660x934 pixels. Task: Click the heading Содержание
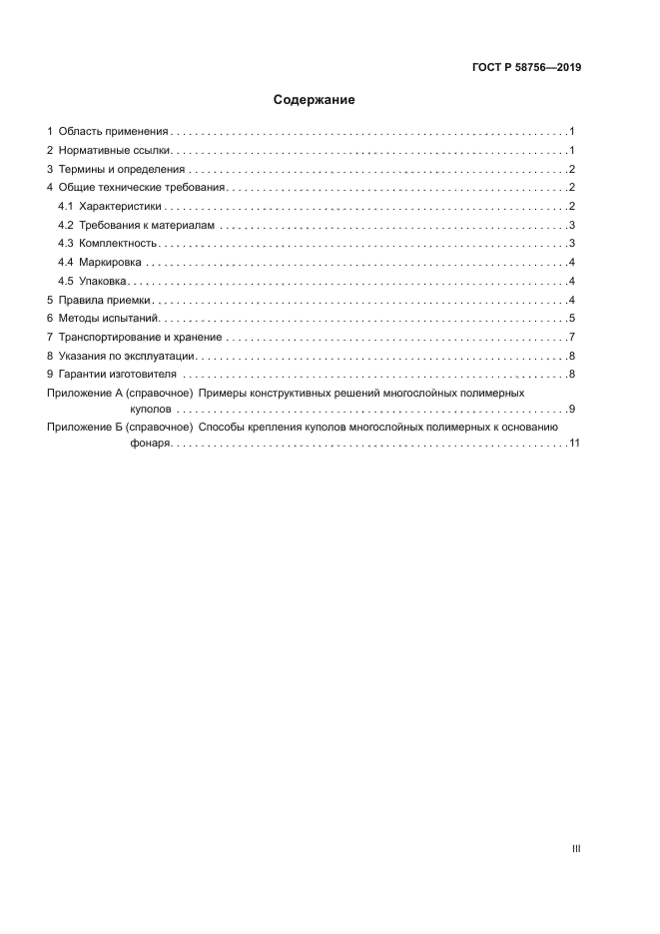[x=314, y=100]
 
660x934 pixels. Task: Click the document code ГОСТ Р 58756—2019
[x=526, y=68]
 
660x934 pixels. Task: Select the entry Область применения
[x=114, y=131]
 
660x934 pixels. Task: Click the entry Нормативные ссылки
[x=115, y=150]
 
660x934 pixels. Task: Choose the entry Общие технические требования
[x=144, y=188]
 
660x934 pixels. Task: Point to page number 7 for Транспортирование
[x=571, y=337]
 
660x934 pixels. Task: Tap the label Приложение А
[x=84, y=394]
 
